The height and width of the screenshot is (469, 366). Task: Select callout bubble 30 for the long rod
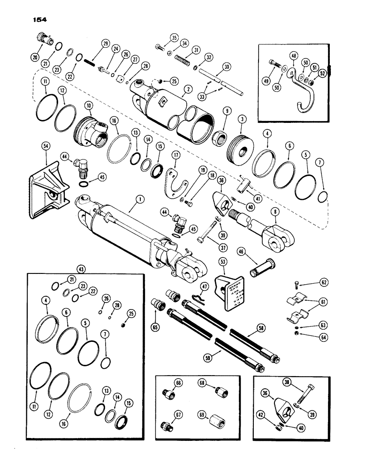tap(227, 67)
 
